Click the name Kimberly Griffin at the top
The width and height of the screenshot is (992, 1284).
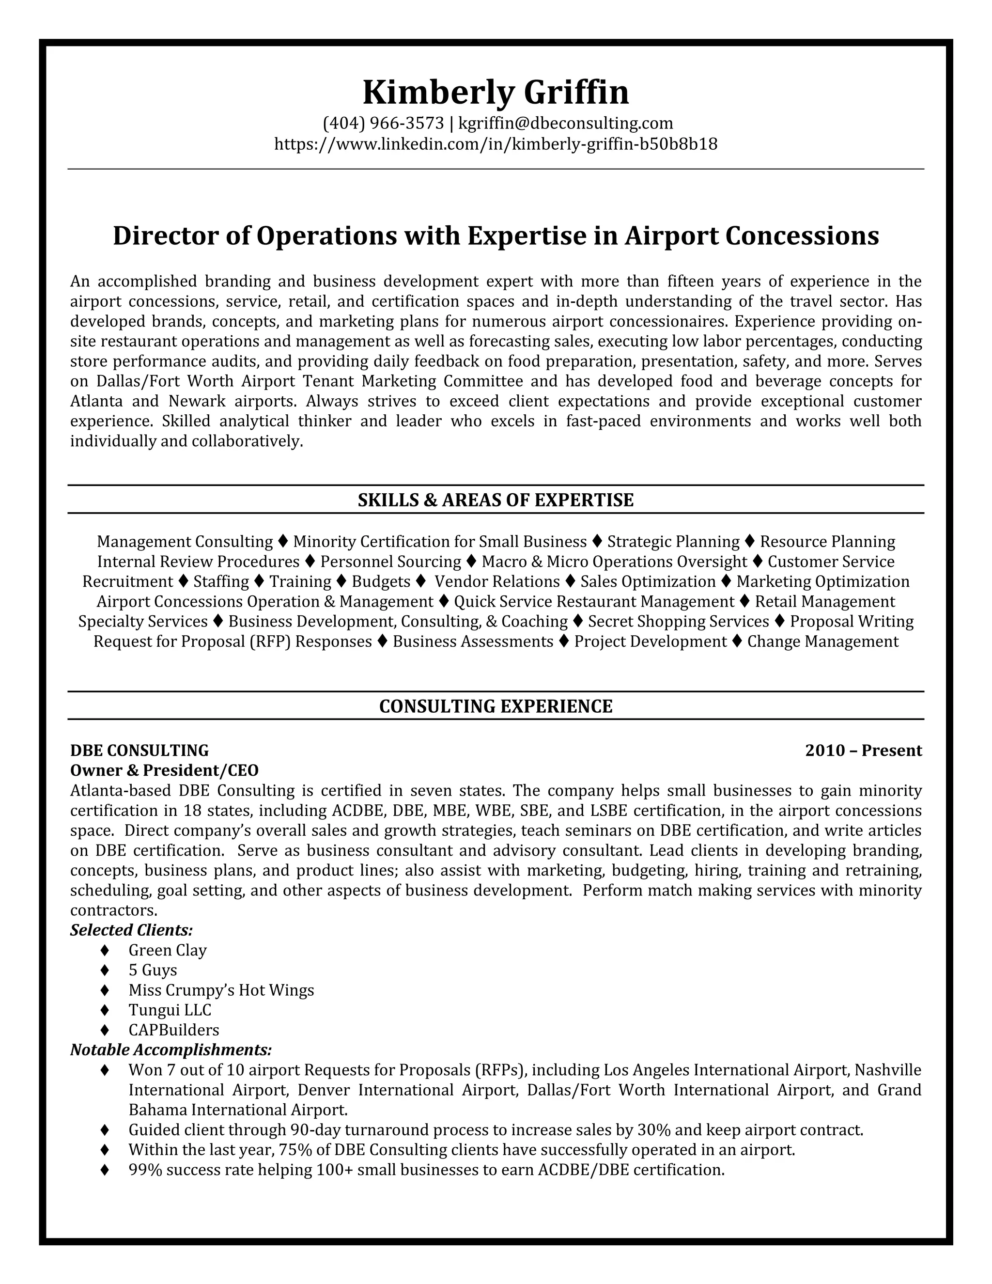496,92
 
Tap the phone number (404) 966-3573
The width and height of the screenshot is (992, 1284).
383,123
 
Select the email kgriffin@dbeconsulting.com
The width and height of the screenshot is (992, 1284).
565,123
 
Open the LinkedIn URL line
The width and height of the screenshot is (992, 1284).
496,144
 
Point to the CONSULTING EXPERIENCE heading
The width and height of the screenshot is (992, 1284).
496,706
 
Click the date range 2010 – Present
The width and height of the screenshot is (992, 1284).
863,751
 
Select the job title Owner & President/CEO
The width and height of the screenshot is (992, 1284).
164,770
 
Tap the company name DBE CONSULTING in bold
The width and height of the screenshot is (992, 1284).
139,751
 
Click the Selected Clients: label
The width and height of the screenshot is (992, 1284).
132,930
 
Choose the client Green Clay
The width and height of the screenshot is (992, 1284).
168,950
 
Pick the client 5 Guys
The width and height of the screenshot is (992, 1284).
152,970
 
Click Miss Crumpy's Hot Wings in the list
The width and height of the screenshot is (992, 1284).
221,990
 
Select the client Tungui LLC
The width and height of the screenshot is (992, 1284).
170,1010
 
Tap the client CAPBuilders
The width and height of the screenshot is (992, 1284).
173,1030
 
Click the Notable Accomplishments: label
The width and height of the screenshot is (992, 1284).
171,1050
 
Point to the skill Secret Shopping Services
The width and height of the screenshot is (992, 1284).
678,622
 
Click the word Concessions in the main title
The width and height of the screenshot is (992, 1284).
802,236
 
